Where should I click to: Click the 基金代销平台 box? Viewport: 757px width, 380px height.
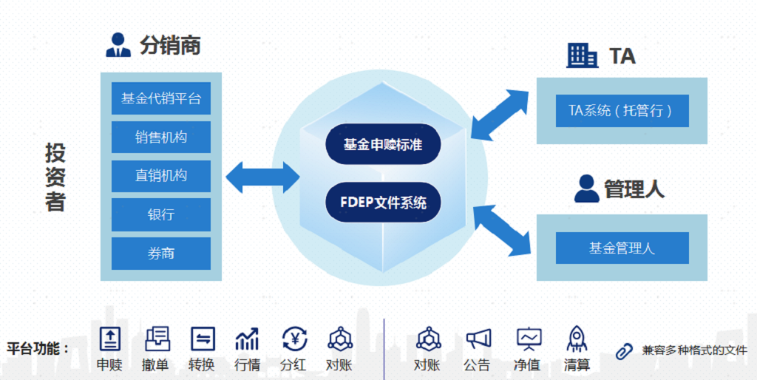[161, 98]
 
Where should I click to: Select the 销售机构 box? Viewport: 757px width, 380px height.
[161, 138]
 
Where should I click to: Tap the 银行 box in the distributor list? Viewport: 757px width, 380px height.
[161, 214]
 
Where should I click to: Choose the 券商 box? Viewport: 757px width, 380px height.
[161, 254]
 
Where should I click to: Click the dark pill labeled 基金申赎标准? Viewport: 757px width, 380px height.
[383, 144]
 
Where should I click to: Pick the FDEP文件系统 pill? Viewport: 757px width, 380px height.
[383, 201]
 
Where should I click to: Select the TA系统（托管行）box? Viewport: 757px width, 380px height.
[622, 111]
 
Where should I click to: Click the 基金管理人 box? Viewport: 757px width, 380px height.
[622, 248]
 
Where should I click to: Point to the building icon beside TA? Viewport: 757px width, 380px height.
[583, 55]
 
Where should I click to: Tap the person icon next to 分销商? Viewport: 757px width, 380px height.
[118, 46]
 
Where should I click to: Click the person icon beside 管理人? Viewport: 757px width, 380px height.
[586, 189]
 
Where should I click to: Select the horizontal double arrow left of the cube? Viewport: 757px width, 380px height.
[262, 177]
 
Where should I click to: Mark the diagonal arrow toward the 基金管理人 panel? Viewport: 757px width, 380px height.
[502, 230]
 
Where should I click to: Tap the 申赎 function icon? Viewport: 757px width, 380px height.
[110, 339]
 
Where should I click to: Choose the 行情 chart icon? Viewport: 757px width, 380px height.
[247, 339]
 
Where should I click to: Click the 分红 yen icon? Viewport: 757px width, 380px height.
[294, 339]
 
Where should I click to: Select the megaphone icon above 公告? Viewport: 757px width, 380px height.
[478, 339]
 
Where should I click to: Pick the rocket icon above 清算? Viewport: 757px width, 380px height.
[577, 339]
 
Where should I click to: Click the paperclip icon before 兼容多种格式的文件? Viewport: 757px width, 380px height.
[625, 350]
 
